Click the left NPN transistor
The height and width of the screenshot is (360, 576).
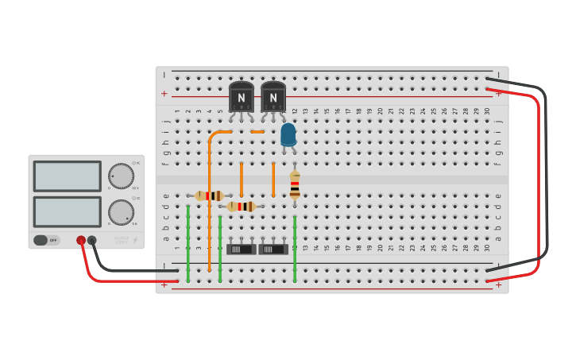tap(241, 97)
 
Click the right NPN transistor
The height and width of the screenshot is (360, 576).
tap(273, 97)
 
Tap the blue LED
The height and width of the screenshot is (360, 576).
tap(288, 135)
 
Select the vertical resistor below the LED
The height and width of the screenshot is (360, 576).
tap(295, 184)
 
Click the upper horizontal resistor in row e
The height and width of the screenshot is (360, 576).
tap(210, 195)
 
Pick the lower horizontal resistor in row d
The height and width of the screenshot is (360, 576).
tap(242, 207)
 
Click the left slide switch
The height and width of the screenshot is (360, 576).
tap(241, 249)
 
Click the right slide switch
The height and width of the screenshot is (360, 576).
tap(273, 249)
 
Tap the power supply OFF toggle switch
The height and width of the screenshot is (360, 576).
tap(46, 240)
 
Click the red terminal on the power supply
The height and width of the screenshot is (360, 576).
tap(81, 240)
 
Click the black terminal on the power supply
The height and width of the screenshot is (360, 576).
tap(92, 240)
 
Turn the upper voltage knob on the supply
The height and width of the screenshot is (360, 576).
tap(121, 176)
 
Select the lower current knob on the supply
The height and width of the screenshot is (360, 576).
tap(121, 212)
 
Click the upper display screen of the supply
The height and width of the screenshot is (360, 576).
tap(67, 176)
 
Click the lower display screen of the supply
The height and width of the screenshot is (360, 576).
tap(67, 212)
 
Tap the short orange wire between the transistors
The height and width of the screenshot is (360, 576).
tap(257, 132)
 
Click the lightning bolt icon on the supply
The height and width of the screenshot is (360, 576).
tap(134, 240)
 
